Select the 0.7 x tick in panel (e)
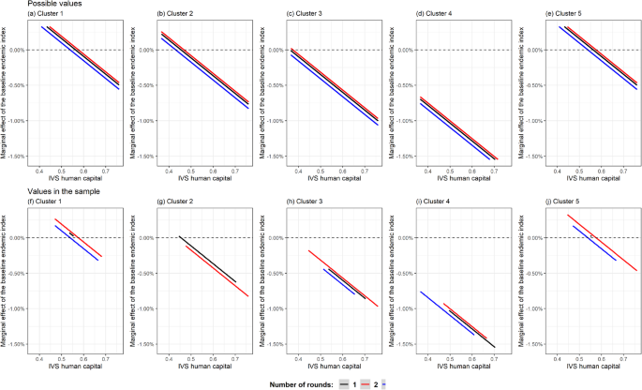(616, 171)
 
